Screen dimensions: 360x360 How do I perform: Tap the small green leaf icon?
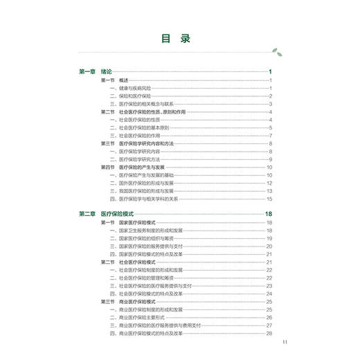click(x=278, y=51)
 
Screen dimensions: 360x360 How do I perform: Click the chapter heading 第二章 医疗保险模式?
click(x=111, y=214)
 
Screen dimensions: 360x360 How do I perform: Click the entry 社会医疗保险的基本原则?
click(x=145, y=127)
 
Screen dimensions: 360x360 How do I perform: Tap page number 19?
click(x=269, y=238)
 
